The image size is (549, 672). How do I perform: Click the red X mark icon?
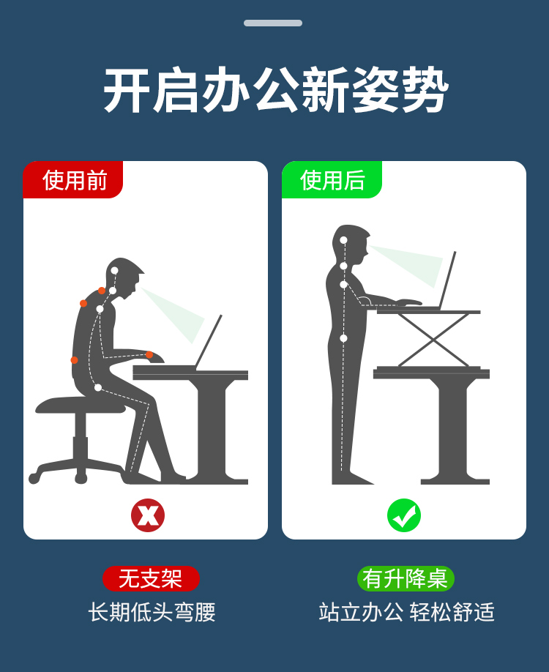pyautogui.click(x=148, y=515)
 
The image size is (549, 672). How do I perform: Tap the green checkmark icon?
pyautogui.click(x=404, y=515)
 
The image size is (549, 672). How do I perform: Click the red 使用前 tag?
pyautogui.click(x=73, y=179)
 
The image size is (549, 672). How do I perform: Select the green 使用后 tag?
pyautogui.click(x=332, y=179)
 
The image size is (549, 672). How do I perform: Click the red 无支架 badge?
pyautogui.click(x=151, y=578)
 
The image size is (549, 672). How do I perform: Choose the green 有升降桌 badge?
pyautogui.click(x=406, y=578)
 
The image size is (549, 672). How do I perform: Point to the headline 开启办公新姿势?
pyautogui.click(x=275, y=90)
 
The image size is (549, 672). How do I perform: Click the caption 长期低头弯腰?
pyautogui.click(x=152, y=612)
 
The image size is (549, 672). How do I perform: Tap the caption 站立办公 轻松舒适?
pyautogui.click(x=406, y=612)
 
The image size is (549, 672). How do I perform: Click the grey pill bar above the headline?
pyautogui.click(x=273, y=23)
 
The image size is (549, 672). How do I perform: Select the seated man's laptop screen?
pyautogui.click(x=209, y=341)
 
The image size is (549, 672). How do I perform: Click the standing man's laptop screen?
pyautogui.click(x=447, y=280)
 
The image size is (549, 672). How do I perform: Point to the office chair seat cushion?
pyautogui.click(x=80, y=406)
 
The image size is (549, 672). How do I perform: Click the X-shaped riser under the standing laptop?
pyautogui.click(x=433, y=340)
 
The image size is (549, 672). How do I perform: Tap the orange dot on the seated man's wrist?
pyautogui.click(x=149, y=355)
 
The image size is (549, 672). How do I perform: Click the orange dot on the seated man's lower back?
pyautogui.click(x=74, y=360)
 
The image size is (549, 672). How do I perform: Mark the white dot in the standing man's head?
pyautogui.click(x=343, y=240)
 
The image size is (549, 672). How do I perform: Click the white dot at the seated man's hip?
pyautogui.click(x=97, y=387)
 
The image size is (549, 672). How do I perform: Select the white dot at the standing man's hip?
pyautogui.click(x=343, y=338)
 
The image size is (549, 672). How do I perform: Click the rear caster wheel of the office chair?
pyautogui.click(x=34, y=478)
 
